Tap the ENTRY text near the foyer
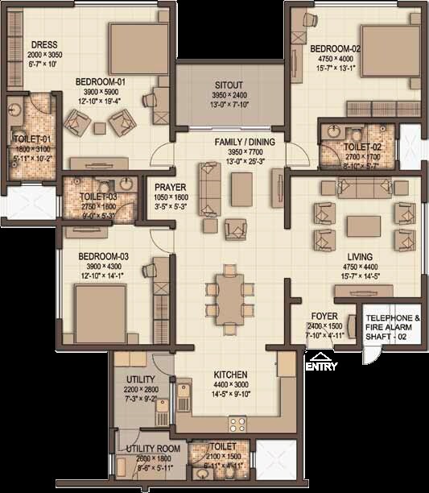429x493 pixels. tap(320, 367)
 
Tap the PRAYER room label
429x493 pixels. tap(171, 187)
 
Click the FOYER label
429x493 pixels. tap(324, 316)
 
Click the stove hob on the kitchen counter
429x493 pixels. tap(239, 423)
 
